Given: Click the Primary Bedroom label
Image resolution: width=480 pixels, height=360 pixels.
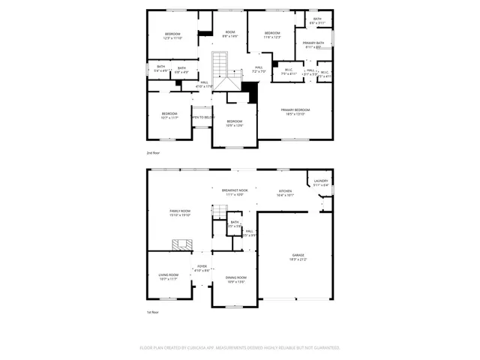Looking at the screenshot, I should pos(295,109).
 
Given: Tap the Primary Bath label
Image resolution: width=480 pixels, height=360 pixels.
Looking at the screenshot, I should pos(313,44).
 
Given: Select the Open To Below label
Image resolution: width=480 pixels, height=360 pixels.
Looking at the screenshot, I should pos(202,117).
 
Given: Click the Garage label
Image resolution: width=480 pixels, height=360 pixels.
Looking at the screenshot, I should pos(298,256).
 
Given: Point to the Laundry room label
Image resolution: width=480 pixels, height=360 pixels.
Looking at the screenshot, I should pos(321,181).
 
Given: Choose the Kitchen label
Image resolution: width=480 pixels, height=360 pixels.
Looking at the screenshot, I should pos(286,190).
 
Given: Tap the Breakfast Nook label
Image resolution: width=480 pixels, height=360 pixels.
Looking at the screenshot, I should pos(235,190).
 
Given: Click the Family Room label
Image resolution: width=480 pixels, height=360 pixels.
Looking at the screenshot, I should pos(180,211).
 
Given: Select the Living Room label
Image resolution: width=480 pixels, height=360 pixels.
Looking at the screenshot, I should pos(169,275).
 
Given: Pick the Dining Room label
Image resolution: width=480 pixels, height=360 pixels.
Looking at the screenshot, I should pos(236,278).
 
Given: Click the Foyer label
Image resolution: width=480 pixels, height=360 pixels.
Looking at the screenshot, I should pos(202,265).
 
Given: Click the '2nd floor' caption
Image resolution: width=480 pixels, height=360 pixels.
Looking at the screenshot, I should pos(153,151).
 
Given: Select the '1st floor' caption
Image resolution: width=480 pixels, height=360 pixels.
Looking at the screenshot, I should pos(153,312).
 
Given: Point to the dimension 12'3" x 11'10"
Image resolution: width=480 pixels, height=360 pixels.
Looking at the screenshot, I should pos(173,37).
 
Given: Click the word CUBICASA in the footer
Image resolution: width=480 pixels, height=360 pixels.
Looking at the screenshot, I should pos(193,348).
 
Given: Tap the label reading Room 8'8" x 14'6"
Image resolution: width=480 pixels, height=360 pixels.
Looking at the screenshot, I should pos(230,34).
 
